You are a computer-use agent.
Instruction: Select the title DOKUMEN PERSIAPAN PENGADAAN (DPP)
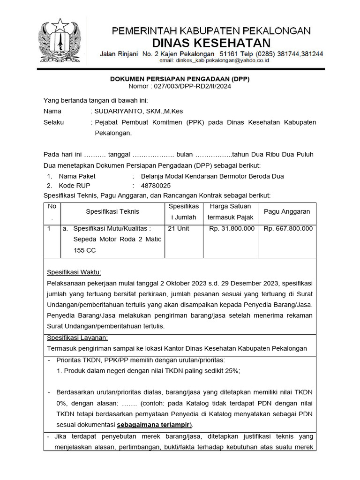pos(180,79)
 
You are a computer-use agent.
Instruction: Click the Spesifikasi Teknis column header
pos(112,211)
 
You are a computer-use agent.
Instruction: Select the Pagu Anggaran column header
pos(287,211)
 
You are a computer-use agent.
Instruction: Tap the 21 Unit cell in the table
pos(179,229)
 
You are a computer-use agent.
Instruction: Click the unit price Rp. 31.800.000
pos(232,229)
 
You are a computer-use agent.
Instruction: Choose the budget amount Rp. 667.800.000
pos(288,229)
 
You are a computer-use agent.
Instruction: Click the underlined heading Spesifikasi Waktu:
pos(74,273)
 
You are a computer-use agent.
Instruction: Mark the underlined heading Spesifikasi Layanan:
pos(77,337)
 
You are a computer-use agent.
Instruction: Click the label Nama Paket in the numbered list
pos(77,176)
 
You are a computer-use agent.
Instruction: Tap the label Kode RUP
pos(74,186)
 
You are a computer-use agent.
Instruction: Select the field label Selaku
pos(54,122)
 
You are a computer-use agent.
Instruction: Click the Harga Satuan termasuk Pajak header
pos(231,211)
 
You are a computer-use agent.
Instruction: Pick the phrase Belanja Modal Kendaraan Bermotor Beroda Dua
pos(209,176)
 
